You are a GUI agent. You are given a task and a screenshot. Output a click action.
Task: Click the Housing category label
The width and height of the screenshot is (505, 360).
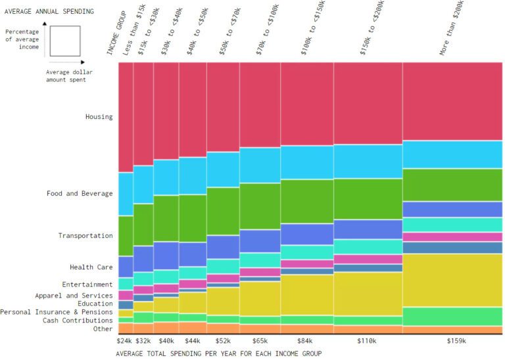[x=99, y=117]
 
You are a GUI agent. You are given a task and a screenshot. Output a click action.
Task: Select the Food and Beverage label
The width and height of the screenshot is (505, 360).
[x=80, y=194]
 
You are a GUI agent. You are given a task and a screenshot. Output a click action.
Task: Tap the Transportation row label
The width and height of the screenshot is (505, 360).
[x=85, y=236]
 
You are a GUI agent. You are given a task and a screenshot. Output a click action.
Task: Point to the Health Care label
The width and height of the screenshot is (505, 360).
[x=91, y=267]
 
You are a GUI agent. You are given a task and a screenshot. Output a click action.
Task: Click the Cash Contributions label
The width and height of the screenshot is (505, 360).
[x=78, y=321]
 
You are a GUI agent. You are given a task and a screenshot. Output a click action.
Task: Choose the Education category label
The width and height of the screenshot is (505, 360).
[x=95, y=304]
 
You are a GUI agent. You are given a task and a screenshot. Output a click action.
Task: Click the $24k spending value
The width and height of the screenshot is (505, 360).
[x=125, y=341]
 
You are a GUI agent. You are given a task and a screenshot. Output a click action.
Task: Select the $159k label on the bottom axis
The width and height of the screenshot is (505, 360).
[x=456, y=341]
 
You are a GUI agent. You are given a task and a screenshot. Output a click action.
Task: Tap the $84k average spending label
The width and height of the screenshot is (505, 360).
[x=306, y=341]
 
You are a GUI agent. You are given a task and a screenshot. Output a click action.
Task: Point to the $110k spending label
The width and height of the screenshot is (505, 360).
[x=367, y=341]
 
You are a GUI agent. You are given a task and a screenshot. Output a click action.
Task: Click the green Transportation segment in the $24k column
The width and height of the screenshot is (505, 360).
[x=126, y=236]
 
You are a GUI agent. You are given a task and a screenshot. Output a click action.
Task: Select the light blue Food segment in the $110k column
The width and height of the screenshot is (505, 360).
[x=368, y=162]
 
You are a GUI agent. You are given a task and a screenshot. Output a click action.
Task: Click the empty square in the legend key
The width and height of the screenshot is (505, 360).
[x=64, y=41]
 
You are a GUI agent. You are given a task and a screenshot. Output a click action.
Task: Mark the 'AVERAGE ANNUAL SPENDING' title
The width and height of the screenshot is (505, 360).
[x=49, y=11]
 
